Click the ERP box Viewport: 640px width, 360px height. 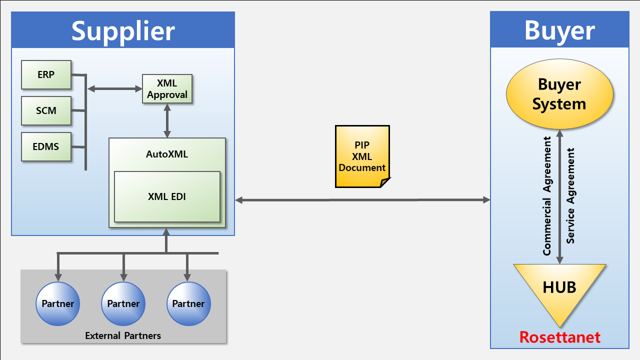click(46, 74)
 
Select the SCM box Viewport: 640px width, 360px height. click(46, 110)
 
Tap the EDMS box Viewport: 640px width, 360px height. click(46, 146)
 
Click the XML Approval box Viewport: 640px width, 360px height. click(167, 89)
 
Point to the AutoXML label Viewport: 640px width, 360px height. click(167, 154)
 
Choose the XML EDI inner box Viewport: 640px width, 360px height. click(167, 196)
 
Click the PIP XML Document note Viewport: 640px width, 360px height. click(362, 156)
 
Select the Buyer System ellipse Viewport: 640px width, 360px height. click(559, 94)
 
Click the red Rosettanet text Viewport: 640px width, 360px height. click(559, 337)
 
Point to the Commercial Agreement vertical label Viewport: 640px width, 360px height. click(547, 196)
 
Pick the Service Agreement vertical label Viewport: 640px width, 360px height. click(570, 196)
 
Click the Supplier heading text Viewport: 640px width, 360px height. click(123, 31)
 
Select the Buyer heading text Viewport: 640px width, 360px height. click(559, 31)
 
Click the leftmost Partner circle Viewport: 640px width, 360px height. click(57, 303)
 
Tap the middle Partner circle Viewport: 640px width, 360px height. click(123, 303)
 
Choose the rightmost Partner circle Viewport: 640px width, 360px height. click(188, 303)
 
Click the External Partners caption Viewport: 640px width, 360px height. click(123, 335)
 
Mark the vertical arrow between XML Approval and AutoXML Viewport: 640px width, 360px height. click(167, 121)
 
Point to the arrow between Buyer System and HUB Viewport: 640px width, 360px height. click(559, 197)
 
